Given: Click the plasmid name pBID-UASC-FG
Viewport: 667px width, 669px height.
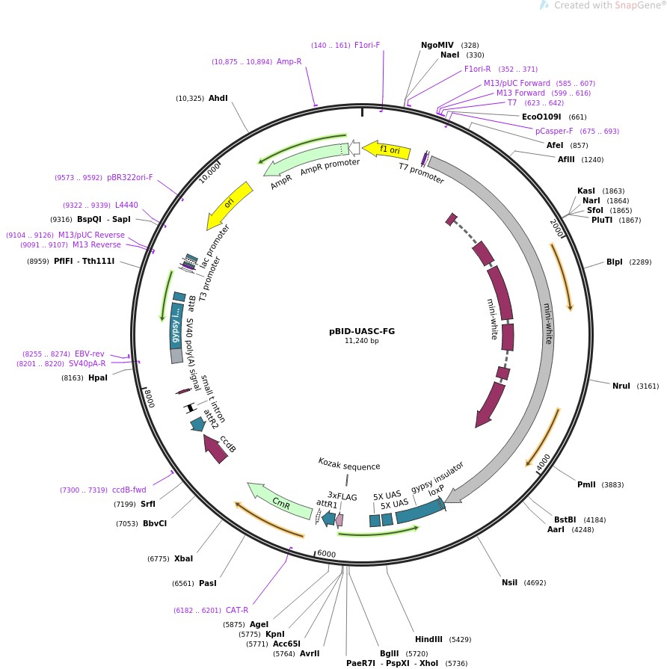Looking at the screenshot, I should tap(362, 330).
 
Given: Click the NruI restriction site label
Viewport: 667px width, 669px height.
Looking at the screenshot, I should tap(621, 386).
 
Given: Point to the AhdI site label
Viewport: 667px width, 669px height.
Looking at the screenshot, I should tap(218, 98).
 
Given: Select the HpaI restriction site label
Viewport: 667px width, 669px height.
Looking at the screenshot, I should tap(98, 377).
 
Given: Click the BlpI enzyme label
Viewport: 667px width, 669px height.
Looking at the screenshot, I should tap(614, 262).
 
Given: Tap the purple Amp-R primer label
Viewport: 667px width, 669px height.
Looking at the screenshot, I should tap(289, 61).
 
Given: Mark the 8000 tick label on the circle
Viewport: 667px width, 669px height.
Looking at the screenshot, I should tap(149, 398).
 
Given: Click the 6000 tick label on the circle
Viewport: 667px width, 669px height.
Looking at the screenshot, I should tap(326, 554).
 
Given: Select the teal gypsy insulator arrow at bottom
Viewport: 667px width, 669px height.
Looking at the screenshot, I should tap(419, 508).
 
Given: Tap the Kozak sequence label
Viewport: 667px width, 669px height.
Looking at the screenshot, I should tap(348, 466).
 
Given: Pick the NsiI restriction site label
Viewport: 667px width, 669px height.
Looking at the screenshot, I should tap(509, 582).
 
